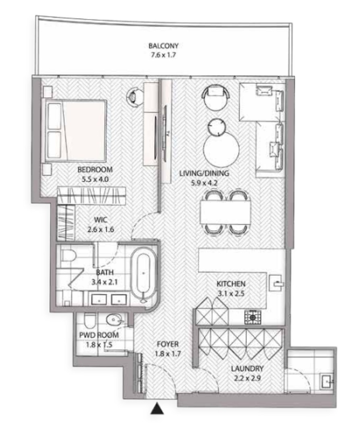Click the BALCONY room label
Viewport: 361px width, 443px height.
164,46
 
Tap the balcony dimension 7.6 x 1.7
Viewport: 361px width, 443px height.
164,55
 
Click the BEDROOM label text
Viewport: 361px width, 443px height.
95,170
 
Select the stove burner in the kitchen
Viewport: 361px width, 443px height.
253,317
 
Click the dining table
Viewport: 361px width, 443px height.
225,212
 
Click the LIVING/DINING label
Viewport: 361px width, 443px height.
204,173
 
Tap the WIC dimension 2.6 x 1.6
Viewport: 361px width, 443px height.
101,229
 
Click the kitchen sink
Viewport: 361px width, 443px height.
276,283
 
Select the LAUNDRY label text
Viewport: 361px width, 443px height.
247,368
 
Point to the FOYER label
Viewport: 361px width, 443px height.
168,344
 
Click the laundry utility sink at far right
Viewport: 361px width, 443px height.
328,382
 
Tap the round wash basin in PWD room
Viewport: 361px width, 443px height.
113,320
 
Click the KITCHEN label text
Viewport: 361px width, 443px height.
231,284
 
